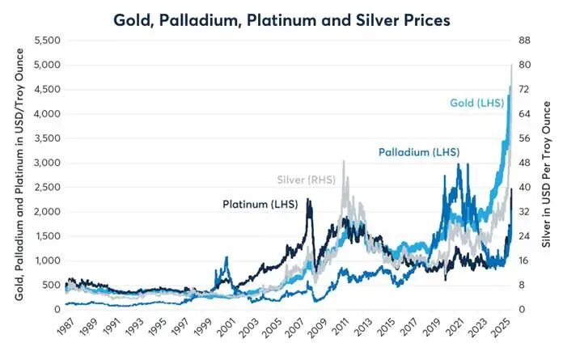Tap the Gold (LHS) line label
click(x=477, y=103)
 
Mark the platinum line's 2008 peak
click(x=308, y=200)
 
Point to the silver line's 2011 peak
click(x=345, y=161)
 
